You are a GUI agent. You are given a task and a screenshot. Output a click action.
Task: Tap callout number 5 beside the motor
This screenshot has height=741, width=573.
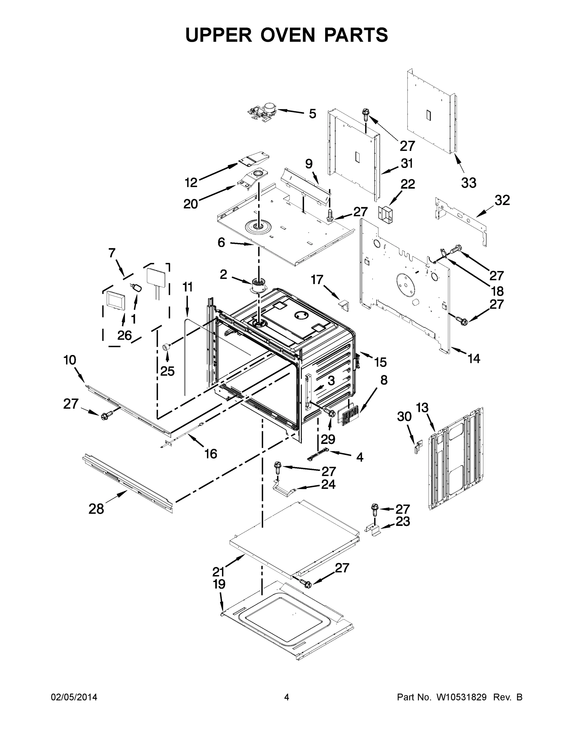click(x=312, y=114)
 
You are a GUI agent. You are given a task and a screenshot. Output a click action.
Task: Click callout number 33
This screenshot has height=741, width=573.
click(x=469, y=182)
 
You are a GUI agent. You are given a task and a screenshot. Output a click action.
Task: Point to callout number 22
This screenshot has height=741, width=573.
click(x=407, y=184)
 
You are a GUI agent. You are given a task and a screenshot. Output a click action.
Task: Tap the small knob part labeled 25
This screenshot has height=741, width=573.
click(x=166, y=346)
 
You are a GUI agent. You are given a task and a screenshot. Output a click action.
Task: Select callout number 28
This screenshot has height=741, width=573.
click(x=96, y=509)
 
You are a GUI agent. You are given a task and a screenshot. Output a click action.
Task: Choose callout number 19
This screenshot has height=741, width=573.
click(x=219, y=584)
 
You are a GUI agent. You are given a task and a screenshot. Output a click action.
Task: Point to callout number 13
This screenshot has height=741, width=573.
click(x=422, y=408)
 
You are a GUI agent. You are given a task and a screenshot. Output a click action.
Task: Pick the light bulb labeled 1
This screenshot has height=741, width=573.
click(x=137, y=288)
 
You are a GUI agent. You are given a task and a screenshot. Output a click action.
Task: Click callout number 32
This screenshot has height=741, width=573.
click(x=502, y=200)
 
